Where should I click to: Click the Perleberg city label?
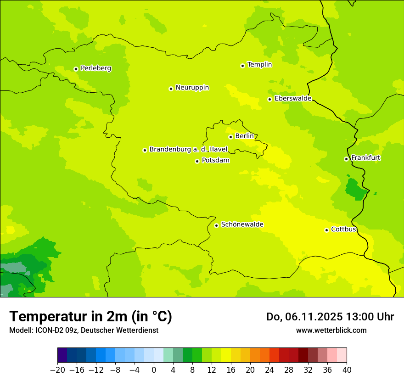pyautogui.click(x=95, y=68)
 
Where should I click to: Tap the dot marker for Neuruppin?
pyautogui.click(x=171, y=89)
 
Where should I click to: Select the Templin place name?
pyautogui.click(x=259, y=65)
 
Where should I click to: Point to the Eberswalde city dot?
pyautogui.click(x=270, y=99)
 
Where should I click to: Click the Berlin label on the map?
pyautogui.click(x=244, y=136)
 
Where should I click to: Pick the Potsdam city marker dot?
pyautogui.click(x=197, y=161)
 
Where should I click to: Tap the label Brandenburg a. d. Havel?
pyautogui.click(x=188, y=149)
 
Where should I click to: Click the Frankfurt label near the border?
pyautogui.click(x=365, y=158)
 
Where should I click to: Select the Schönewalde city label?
pyautogui.click(x=242, y=224)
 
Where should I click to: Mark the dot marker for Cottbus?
pyautogui.click(x=326, y=230)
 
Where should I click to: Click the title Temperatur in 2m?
pyautogui.click(x=90, y=317)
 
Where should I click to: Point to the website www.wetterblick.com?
pyautogui.click(x=331, y=330)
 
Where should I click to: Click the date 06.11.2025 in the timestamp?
pyautogui.click(x=316, y=317)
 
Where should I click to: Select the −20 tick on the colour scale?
pyautogui.click(x=57, y=370)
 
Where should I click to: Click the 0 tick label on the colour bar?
pyautogui.click(x=154, y=370)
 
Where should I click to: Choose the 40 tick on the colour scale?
pyautogui.click(x=347, y=370)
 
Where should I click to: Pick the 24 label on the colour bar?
pyautogui.click(x=269, y=370)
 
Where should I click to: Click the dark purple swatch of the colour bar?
pyautogui.click(x=62, y=355)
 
